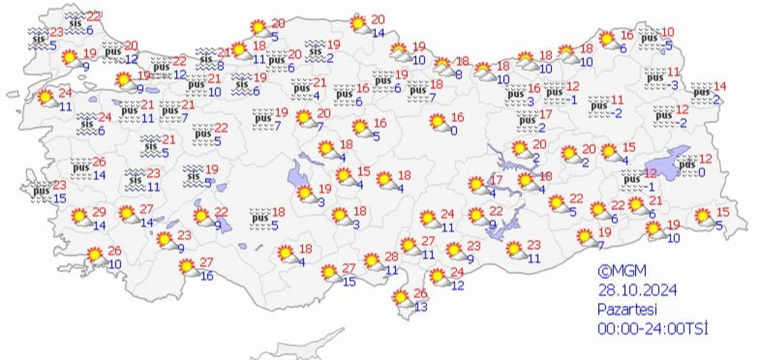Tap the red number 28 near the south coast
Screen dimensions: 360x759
(x=392, y=256)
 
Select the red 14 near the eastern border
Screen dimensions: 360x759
(x=720, y=85)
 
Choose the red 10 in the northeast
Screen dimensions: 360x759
(x=668, y=32)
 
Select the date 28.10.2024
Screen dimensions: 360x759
(x=637, y=290)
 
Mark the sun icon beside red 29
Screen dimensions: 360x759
(x=80, y=218)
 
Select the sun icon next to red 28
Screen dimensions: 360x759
(x=372, y=261)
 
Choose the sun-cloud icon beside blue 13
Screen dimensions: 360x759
(x=402, y=298)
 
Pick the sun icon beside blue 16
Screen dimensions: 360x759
(x=189, y=267)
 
